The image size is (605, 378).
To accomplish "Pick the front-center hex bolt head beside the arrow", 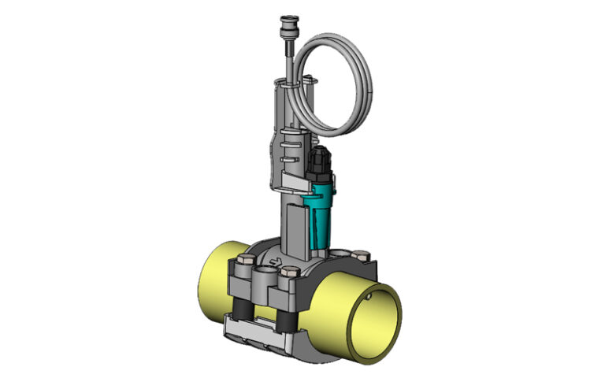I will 288,276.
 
